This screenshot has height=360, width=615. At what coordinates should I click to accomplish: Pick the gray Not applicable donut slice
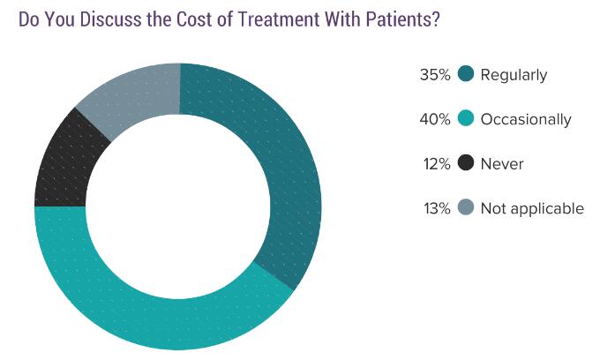(x=132, y=93)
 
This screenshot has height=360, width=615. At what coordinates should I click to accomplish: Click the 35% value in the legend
(x=435, y=75)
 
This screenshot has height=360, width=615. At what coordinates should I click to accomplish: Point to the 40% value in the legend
(x=435, y=119)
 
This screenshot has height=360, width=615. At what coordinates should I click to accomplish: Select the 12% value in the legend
(x=435, y=164)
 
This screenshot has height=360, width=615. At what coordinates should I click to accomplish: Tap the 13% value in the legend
(x=435, y=209)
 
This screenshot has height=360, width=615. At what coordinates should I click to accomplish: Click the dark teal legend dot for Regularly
(x=467, y=74)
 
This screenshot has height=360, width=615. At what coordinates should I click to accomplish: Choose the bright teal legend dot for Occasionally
(x=467, y=119)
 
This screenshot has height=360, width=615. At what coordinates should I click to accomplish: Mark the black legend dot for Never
(x=467, y=163)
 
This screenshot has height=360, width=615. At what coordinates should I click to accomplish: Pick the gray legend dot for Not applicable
(x=467, y=208)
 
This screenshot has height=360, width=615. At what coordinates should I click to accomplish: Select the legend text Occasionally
(x=526, y=120)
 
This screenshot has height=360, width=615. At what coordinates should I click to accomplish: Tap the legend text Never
(x=502, y=164)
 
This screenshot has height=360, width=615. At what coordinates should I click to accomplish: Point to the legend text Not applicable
(x=532, y=209)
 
